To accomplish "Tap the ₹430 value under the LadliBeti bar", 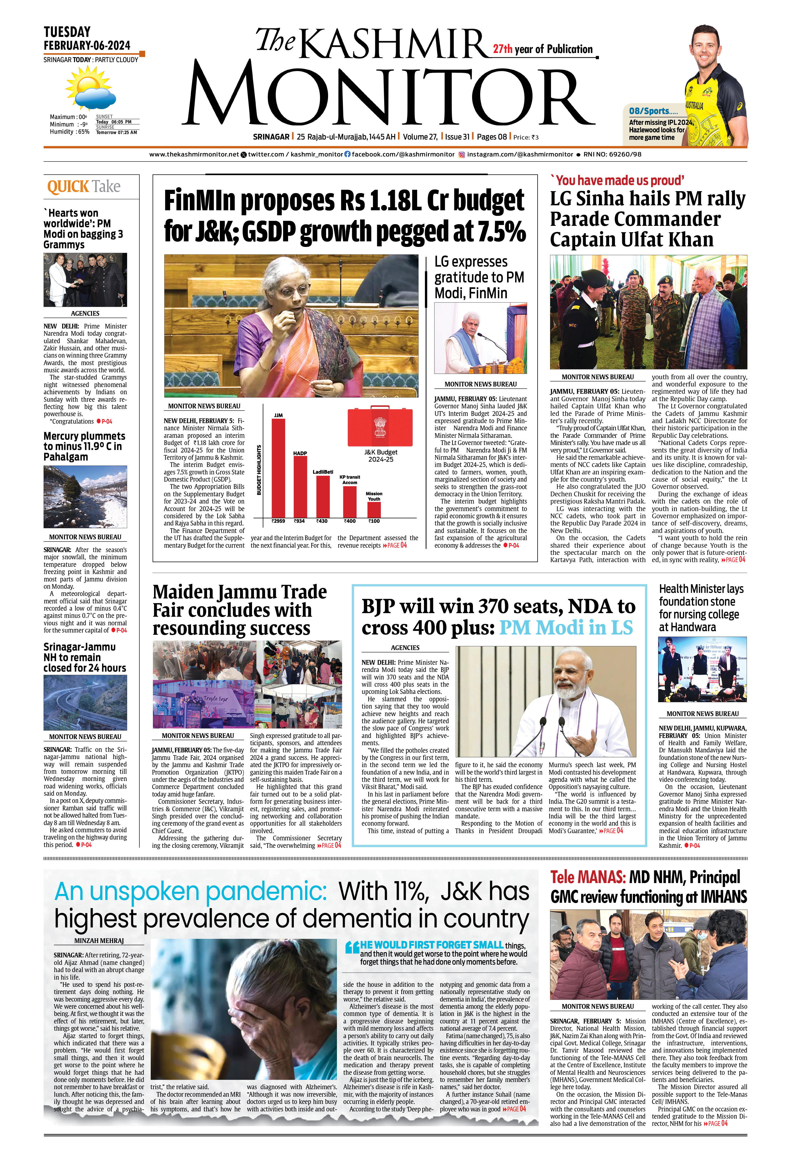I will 322,521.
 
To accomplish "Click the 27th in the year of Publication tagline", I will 502,49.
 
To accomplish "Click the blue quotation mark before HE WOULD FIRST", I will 352,947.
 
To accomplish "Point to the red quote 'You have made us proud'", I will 617,180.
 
